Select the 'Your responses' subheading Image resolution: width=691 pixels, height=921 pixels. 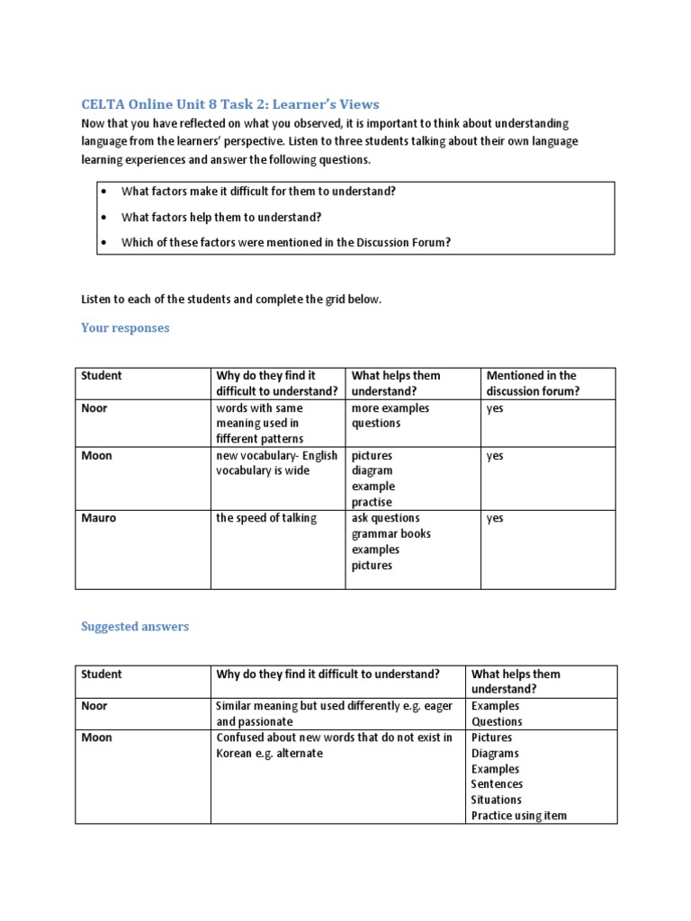125,327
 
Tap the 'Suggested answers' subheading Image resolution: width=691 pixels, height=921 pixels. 135,627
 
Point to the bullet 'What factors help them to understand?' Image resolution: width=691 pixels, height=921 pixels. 221,217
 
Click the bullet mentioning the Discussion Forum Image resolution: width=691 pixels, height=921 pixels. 285,242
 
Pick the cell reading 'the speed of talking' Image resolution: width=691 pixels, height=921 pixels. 265,518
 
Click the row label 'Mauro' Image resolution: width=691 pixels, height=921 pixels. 98,518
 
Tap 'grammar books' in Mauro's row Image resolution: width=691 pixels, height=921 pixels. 390,534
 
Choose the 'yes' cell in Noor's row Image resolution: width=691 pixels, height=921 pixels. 495,408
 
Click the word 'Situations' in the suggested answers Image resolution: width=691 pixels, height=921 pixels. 496,800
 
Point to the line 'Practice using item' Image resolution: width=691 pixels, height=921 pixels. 519,816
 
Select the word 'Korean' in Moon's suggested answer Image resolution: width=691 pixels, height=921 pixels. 236,753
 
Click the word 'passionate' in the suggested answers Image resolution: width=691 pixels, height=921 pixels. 265,721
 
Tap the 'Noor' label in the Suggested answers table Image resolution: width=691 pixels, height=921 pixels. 94,706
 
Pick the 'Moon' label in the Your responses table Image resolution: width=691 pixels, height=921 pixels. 96,455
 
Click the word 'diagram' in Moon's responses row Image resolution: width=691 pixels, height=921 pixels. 372,470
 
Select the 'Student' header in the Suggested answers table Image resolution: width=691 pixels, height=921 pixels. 101,674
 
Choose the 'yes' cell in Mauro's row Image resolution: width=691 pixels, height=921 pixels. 495,518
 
